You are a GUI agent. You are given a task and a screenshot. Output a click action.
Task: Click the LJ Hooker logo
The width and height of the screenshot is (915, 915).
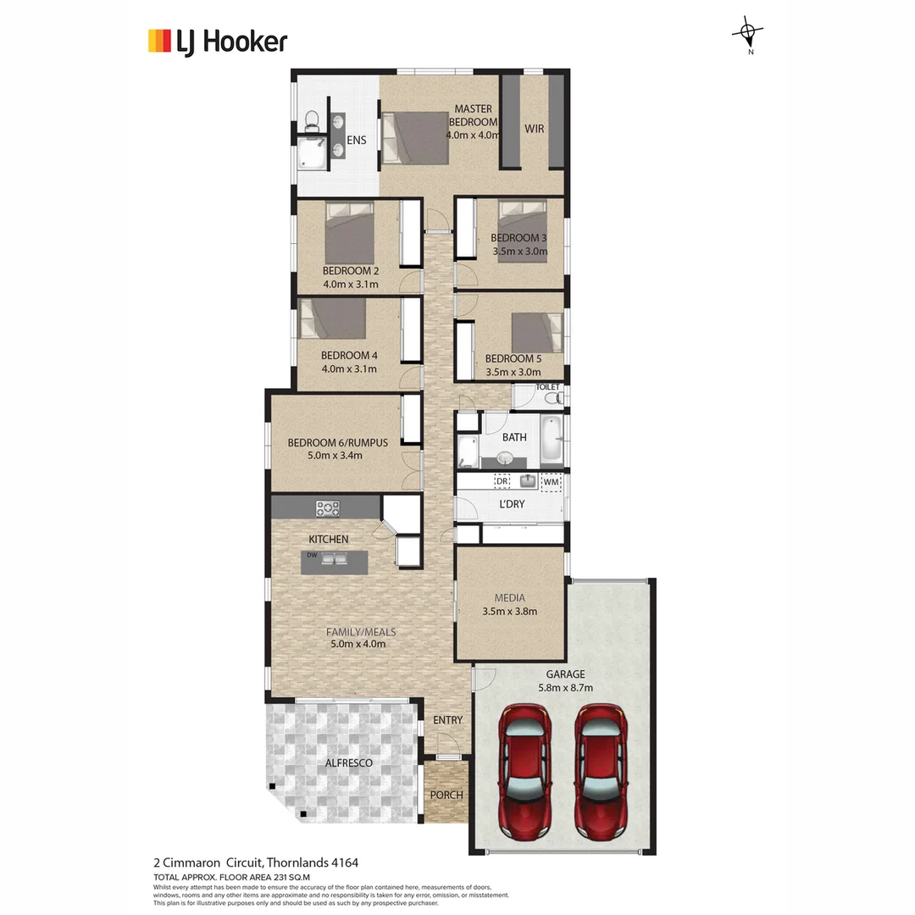coord(218,41)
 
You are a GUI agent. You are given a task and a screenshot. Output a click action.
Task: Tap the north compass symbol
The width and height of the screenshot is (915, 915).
coord(747,34)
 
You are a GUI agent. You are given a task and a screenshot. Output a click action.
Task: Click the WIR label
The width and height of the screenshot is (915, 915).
coord(534,129)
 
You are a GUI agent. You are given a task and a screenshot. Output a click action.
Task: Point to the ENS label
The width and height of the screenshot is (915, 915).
coord(357,140)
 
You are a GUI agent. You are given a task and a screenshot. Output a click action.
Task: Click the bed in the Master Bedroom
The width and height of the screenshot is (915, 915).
coord(415,137)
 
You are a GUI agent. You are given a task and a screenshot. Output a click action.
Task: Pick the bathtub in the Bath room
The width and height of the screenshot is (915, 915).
coord(551,438)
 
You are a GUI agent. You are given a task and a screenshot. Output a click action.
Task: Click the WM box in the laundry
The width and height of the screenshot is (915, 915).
coord(551,482)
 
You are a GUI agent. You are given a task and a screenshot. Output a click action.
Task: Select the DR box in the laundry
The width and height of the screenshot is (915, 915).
coord(502,481)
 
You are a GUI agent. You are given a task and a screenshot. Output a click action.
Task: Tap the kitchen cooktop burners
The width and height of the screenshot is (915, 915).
coord(328,508)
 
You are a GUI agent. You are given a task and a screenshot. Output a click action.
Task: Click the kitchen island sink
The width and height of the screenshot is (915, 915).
coord(335,558)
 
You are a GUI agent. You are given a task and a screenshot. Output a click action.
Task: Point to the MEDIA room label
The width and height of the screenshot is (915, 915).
coord(509,598)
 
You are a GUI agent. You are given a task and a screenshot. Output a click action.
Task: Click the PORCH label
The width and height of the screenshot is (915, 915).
coord(446,795)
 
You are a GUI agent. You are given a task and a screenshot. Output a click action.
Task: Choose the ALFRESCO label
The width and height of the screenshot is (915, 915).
coord(349,763)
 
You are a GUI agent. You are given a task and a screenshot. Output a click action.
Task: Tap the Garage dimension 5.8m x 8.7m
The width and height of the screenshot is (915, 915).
coord(566,687)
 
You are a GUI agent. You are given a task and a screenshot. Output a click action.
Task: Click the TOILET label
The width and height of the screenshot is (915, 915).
coord(548,386)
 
